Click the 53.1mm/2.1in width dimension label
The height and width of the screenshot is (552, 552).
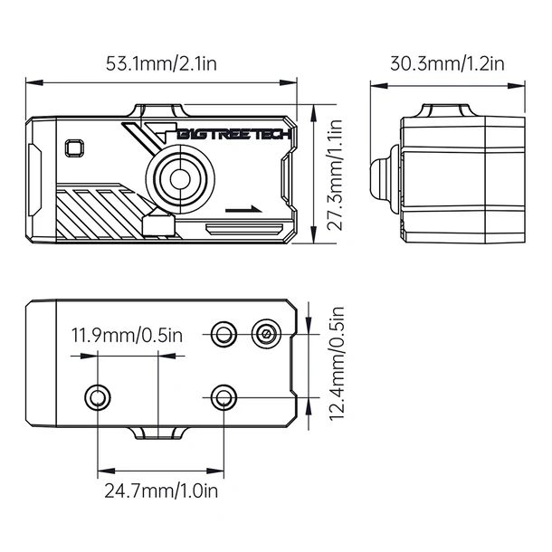pyautogui.click(x=161, y=64)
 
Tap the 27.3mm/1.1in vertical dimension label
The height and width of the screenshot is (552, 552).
pyautogui.click(x=334, y=176)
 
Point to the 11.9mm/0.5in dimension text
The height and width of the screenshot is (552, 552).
pyautogui.click(x=128, y=336)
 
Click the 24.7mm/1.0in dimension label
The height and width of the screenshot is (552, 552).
pyautogui.click(x=161, y=491)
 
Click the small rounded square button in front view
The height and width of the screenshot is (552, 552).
pyautogui.click(x=73, y=148)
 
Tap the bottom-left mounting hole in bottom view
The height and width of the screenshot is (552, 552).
pyautogui.click(x=97, y=396)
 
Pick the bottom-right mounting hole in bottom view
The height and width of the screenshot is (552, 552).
pyautogui.click(x=223, y=396)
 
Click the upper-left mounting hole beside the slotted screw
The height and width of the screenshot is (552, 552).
pyautogui.click(x=223, y=335)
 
